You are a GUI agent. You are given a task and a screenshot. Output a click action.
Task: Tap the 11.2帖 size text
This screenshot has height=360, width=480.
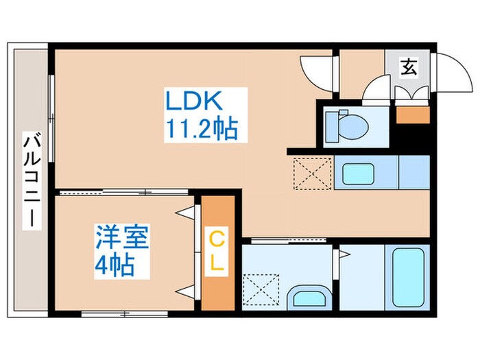point(200,128)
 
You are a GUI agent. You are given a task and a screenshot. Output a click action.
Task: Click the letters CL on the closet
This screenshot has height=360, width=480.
point(217,252)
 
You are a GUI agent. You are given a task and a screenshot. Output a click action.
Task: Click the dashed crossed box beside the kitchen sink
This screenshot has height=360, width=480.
point(311,173)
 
